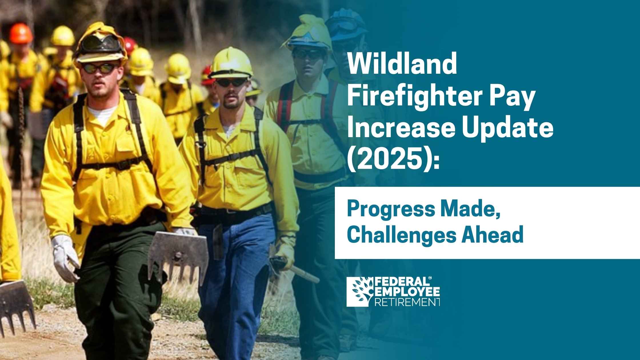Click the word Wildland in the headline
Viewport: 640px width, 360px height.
click(x=401, y=64)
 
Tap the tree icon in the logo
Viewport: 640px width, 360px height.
click(x=360, y=291)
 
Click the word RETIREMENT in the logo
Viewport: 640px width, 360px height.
click(x=407, y=302)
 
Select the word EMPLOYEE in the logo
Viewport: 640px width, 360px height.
click(x=407, y=292)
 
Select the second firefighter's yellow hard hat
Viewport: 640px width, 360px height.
click(x=231, y=63)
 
